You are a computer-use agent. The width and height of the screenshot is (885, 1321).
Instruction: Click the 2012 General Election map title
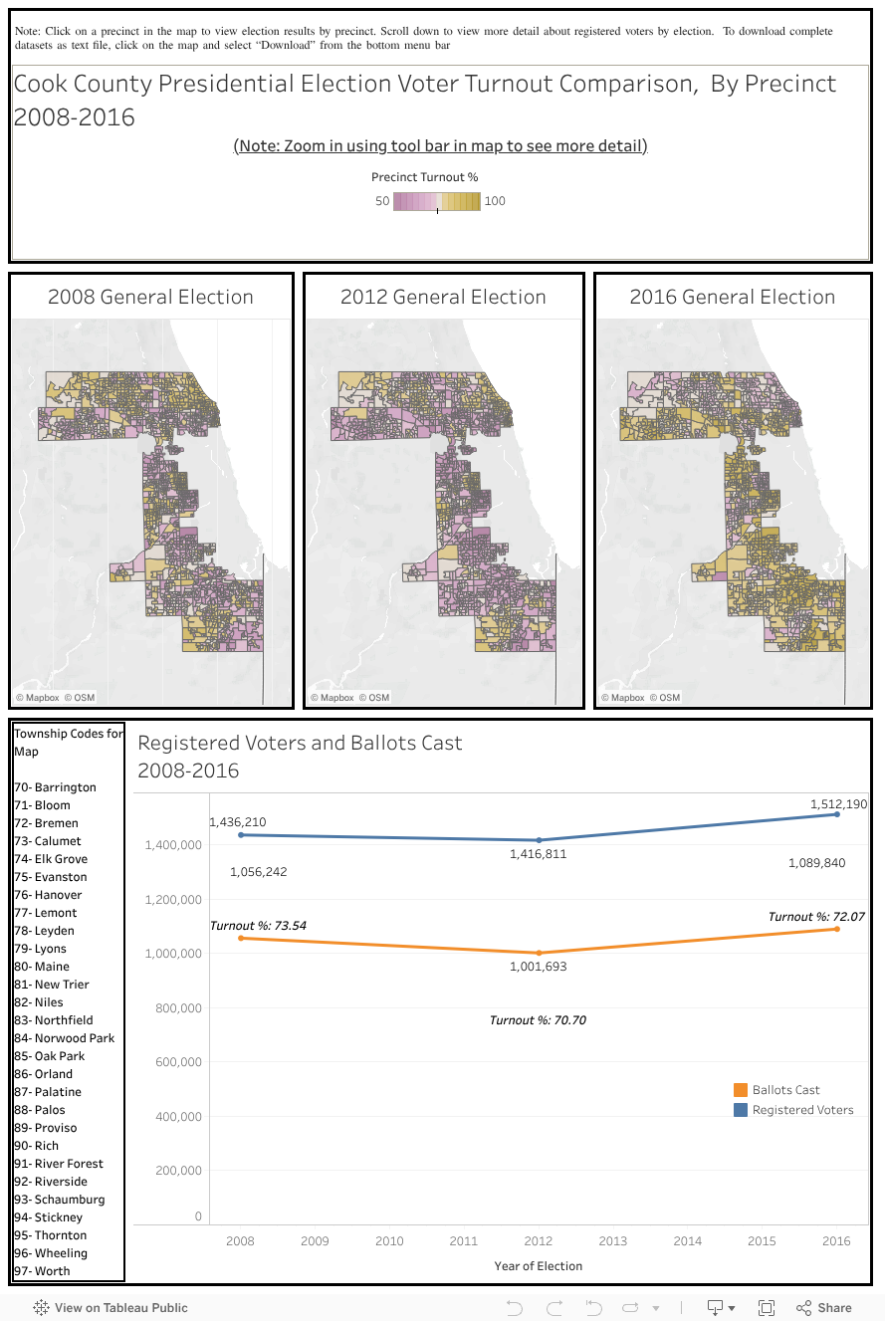pyautogui.click(x=443, y=297)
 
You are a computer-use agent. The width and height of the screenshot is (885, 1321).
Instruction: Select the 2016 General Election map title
pyautogui.click(x=732, y=297)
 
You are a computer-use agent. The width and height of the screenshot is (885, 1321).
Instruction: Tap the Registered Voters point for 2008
pyautogui.click(x=241, y=834)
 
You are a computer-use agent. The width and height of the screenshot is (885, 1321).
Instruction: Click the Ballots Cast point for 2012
pyautogui.click(x=539, y=953)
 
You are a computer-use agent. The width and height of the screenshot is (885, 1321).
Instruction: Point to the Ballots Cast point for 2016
pyautogui.click(x=836, y=929)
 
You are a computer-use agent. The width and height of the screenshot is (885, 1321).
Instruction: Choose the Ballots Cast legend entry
pyautogui.click(x=785, y=1090)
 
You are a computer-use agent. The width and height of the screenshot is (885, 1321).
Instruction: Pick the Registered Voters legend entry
pyautogui.click(x=802, y=1110)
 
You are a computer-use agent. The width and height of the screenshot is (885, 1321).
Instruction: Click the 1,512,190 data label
pyautogui.click(x=837, y=803)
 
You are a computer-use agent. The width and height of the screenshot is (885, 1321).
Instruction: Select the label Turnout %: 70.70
pyautogui.click(x=538, y=1020)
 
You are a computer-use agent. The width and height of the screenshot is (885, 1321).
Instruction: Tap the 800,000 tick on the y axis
pyautogui.click(x=179, y=1007)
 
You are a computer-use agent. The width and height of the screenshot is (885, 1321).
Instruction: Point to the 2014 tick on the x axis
pyautogui.click(x=687, y=1241)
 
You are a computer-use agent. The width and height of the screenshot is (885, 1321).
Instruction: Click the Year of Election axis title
pyautogui.click(x=538, y=1266)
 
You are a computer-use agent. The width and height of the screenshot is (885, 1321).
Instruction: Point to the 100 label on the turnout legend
pyautogui.click(x=495, y=201)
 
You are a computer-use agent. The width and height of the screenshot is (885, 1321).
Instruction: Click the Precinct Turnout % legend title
pyautogui.click(x=424, y=177)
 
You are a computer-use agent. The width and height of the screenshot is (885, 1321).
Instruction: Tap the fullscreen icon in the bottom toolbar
pyautogui.click(x=767, y=1308)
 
